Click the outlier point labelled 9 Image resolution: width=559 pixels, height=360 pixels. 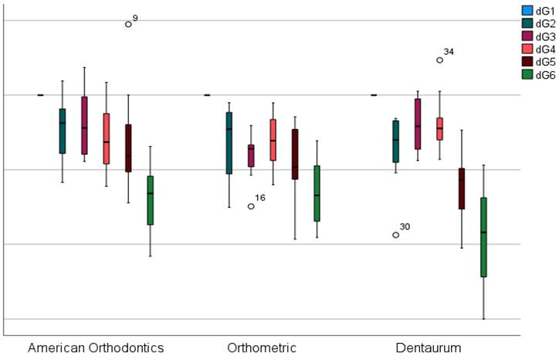(x=128, y=24)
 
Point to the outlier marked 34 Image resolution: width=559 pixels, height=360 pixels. (x=440, y=59)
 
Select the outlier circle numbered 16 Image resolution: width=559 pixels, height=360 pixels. (x=251, y=206)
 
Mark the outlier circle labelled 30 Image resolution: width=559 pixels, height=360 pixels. (x=396, y=235)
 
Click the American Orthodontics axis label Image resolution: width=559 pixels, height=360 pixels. (x=96, y=348)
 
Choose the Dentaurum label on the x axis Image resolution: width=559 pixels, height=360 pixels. (x=429, y=348)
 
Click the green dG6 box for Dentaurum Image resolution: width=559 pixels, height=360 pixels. (x=483, y=237)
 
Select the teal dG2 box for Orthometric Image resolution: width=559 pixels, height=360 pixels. (x=229, y=143)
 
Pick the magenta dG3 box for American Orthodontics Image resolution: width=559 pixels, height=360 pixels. (x=84, y=125)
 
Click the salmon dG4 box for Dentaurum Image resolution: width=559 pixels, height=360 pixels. (x=440, y=128)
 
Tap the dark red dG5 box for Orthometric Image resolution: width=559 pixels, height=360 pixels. (x=294, y=154)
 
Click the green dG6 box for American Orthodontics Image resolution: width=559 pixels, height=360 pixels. (x=150, y=200)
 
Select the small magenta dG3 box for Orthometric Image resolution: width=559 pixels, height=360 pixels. (x=251, y=155)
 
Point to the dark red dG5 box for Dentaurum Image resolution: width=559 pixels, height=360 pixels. (x=462, y=188)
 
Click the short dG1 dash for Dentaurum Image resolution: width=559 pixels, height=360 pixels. (x=374, y=95)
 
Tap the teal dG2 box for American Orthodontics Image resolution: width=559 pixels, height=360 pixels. (x=63, y=131)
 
